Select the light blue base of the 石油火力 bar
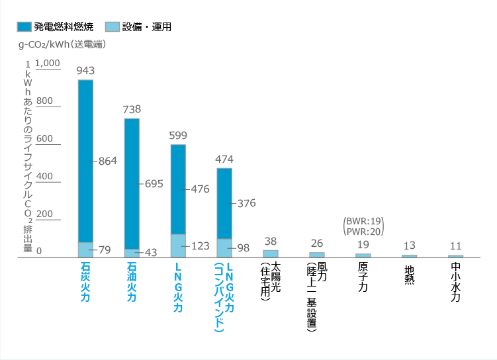coord(132,253)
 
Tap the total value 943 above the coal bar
coord(85,70)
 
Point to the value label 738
coord(132,109)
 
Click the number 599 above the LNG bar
coord(178,135)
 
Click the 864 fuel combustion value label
coord(108,161)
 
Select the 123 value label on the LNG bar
coord(199,246)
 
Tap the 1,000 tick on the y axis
coord(48,64)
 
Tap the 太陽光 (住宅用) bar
coord(271,253)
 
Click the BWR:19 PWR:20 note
coord(363,226)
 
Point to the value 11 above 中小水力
coord(455,245)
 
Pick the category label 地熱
coord(409,273)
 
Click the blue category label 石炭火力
coord(85,281)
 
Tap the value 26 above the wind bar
coord(317,243)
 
